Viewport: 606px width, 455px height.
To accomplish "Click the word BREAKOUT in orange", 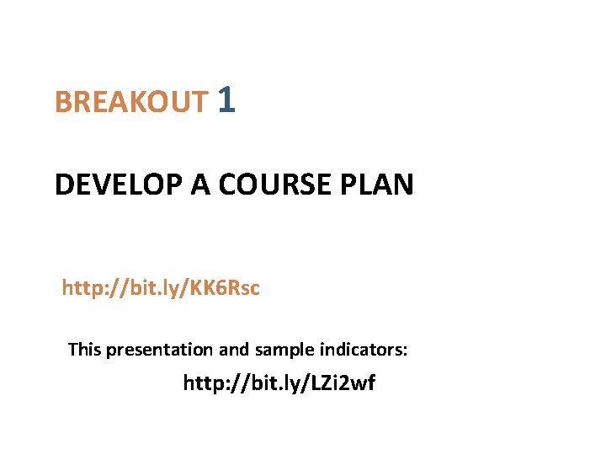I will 130,102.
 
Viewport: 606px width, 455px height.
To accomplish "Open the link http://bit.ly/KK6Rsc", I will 161,289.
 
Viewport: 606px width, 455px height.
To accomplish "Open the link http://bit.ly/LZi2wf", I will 279,384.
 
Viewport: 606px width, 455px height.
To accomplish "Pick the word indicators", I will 364,349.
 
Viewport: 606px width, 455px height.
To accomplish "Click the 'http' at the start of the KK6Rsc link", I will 81,289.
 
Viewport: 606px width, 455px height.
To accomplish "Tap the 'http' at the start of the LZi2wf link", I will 203,384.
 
